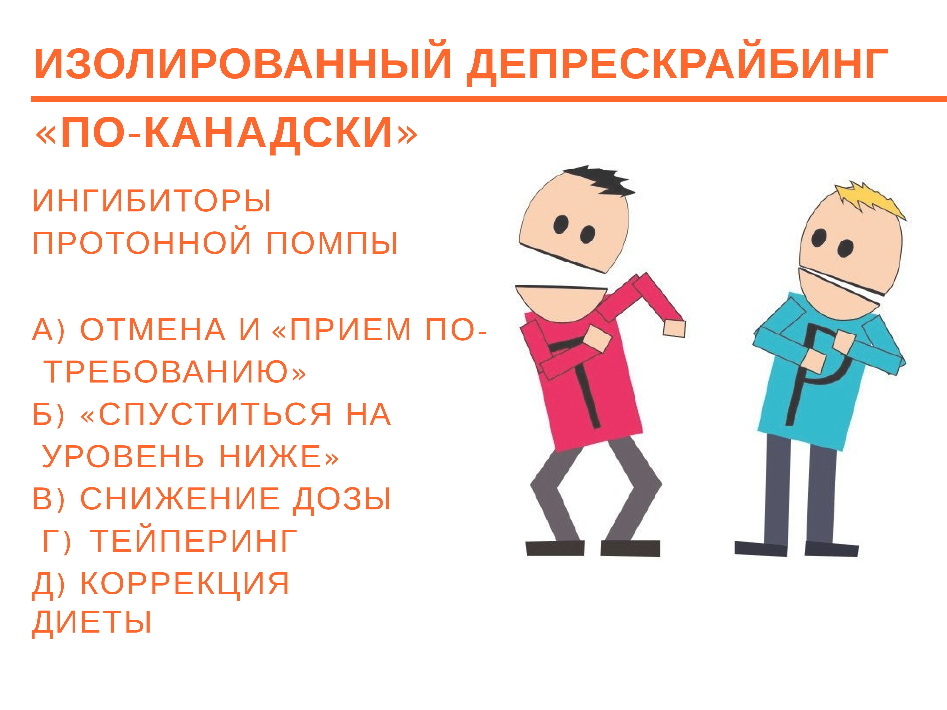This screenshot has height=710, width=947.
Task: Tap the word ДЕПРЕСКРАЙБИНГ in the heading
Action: click(x=676, y=65)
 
